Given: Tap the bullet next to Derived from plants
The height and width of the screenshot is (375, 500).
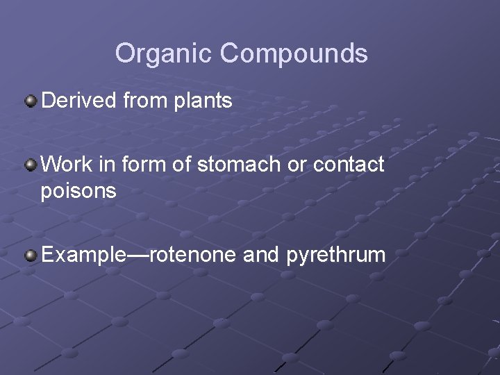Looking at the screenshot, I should (31, 101).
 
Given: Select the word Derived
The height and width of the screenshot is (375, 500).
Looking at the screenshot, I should (79, 101).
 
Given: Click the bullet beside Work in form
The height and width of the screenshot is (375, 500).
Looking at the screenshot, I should (31, 165).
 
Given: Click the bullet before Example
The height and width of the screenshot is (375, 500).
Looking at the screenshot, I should (31, 256).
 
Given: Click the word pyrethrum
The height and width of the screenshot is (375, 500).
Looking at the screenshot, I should (335, 256).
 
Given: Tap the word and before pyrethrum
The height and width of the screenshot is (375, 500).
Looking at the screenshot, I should (261, 255).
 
